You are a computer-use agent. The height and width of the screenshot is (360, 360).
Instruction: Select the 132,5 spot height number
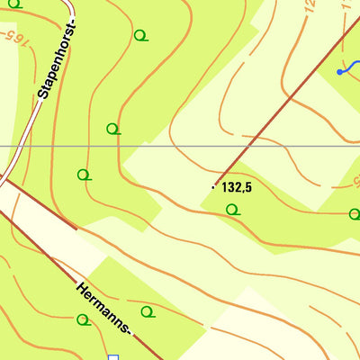coord(236,187)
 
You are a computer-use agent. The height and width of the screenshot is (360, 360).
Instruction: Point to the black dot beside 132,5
coord(214,186)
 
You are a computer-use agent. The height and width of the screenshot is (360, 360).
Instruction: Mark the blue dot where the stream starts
coord(339,71)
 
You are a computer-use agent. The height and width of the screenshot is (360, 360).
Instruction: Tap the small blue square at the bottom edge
coord(113,357)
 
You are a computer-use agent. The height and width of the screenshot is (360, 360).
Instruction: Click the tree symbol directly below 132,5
coord(232,210)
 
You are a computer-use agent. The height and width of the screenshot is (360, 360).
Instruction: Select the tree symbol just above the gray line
coord(112,129)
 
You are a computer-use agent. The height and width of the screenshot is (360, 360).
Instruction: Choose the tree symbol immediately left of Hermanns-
coord(83,319)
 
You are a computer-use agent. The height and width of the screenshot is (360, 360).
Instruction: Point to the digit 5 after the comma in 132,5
coord(247,187)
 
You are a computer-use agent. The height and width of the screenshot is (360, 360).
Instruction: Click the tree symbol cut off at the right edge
coord(355,214)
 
